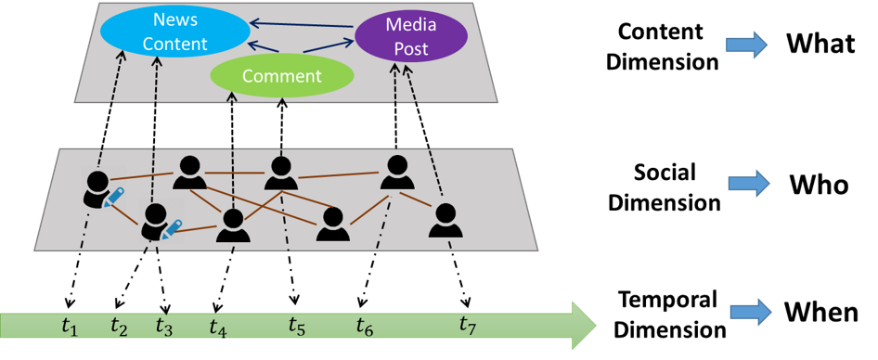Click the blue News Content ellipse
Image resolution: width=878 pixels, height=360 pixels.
point(174,32)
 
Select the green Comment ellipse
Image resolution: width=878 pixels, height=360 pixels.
point(282,76)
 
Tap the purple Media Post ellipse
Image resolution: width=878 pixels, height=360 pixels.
point(411,37)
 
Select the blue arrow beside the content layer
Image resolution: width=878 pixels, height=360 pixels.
point(746,45)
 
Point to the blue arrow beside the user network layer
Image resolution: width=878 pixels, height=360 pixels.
point(748,183)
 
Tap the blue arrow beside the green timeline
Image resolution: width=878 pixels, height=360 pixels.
point(750,312)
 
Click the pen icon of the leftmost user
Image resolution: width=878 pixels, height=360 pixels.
point(115,196)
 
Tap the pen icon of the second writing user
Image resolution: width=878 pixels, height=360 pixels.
point(172,228)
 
